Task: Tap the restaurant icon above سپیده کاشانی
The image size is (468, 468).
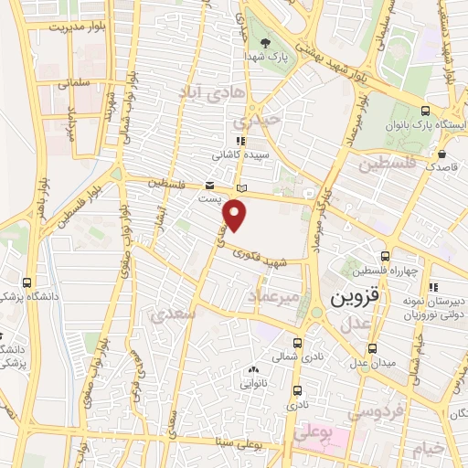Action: [240, 141]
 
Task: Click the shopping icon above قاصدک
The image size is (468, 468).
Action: [442, 154]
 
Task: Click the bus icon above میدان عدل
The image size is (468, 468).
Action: [373, 348]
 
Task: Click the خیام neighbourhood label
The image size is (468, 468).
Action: [426, 450]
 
